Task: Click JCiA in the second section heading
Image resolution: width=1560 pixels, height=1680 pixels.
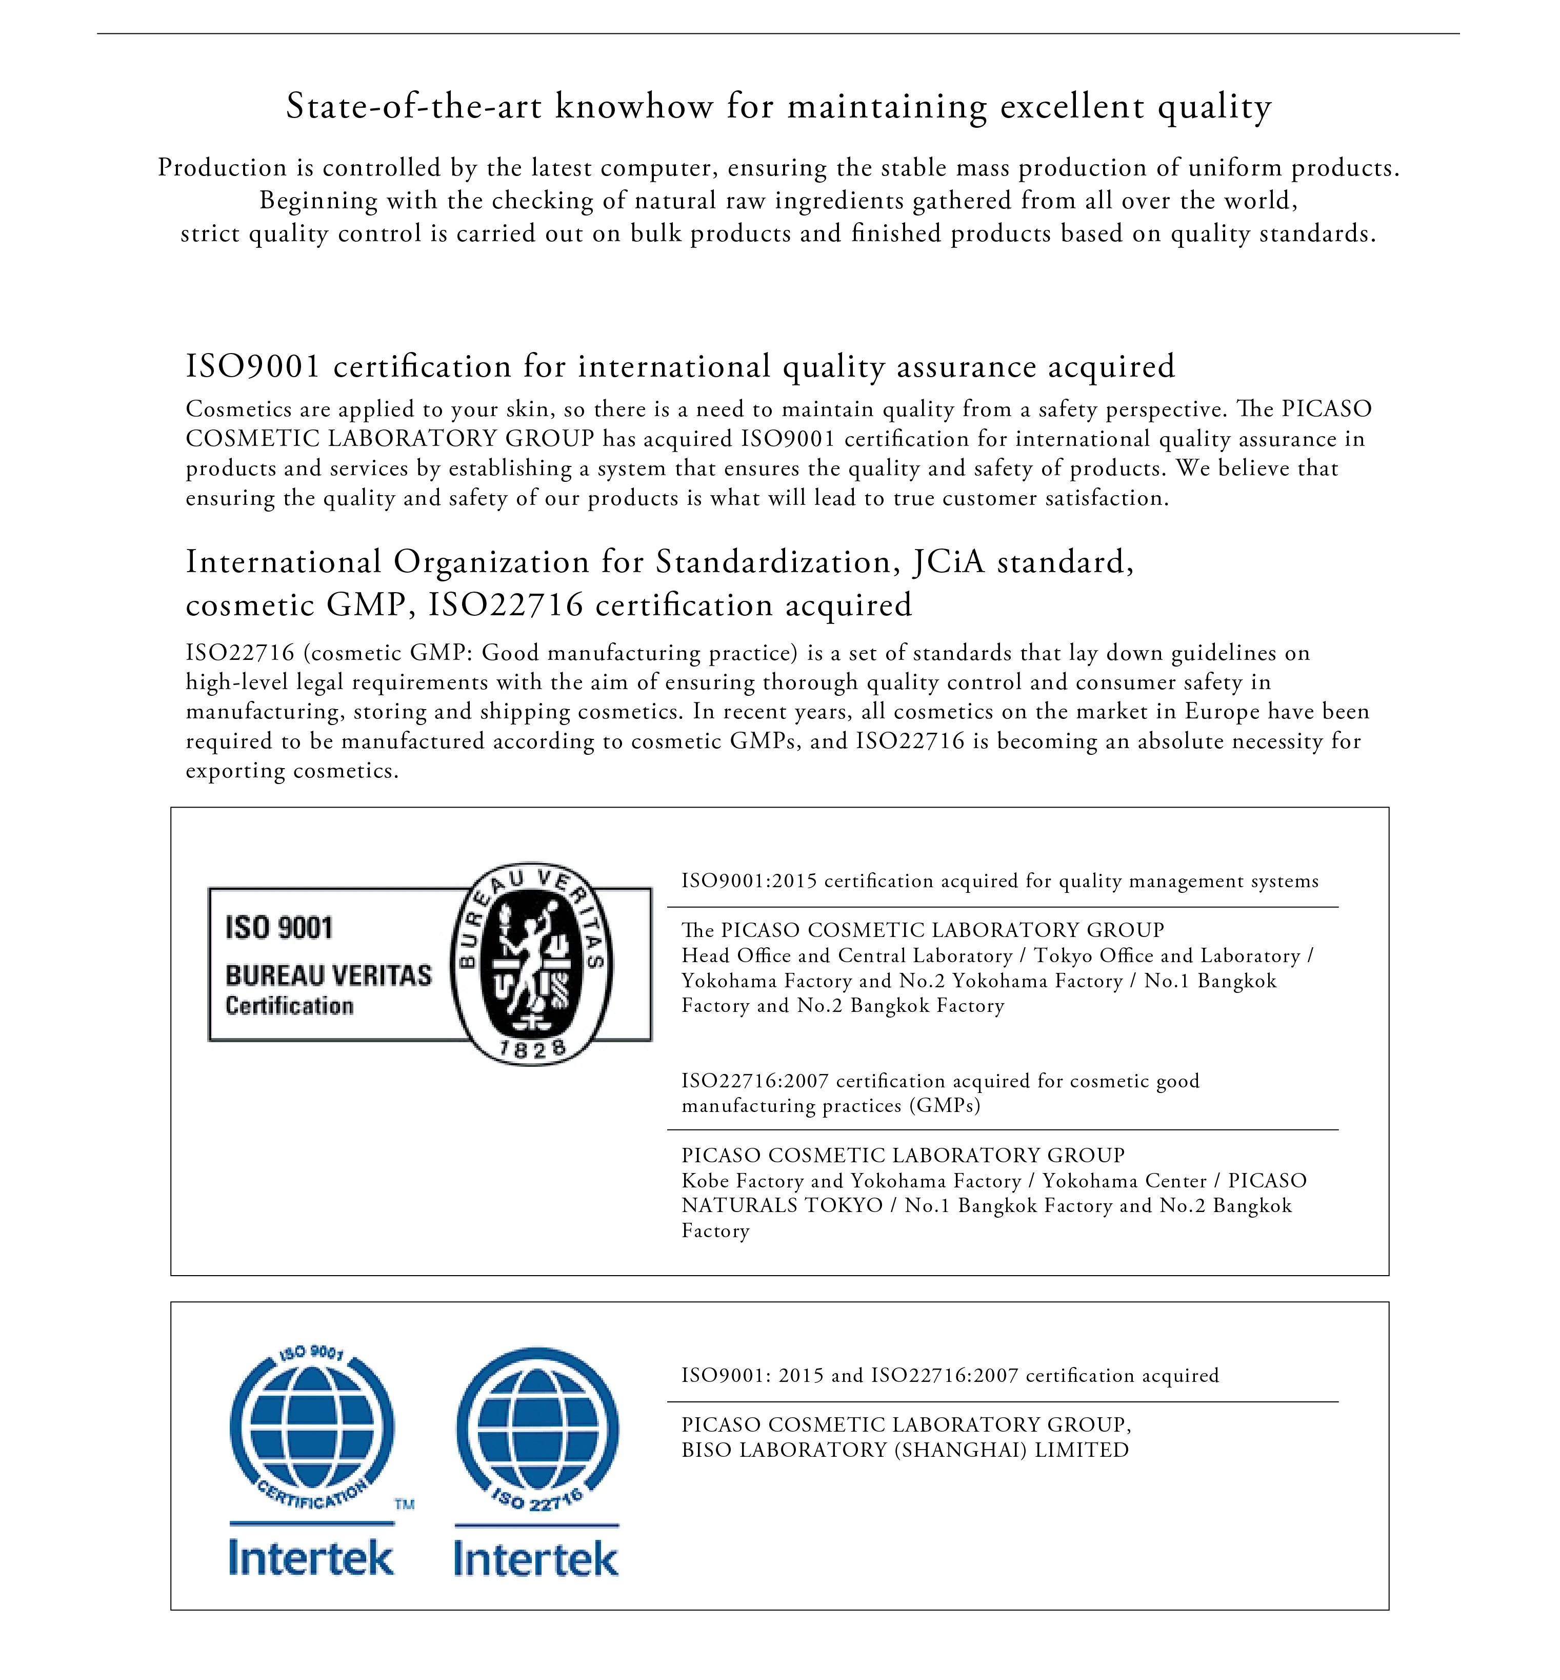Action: (x=949, y=562)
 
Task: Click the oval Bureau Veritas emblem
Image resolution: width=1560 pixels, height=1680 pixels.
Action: (x=531, y=964)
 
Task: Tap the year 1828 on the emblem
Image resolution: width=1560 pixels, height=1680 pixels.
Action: (x=532, y=1049)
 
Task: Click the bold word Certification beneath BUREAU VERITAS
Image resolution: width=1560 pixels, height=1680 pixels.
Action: (x=290, y=1006)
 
